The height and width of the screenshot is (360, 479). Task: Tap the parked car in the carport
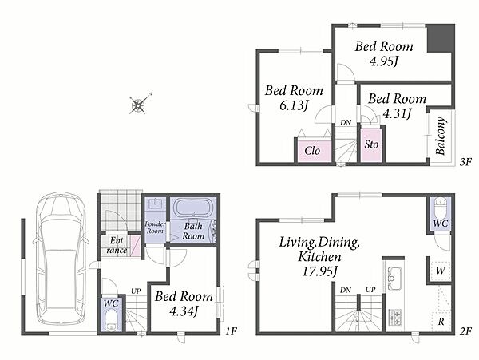pyautogui.click(x=61, y=259)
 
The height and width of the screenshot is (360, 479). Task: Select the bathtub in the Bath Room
pyautogui.click(x=192, y=208)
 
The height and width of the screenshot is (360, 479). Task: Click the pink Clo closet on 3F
pyautogui.click(x=313, y=150)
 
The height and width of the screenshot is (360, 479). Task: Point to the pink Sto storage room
pyautogui.click(x=371, y=144)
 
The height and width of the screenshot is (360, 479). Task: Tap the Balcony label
pyautogui.click(x=441, y=136)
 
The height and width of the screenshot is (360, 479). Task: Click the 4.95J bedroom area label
pyautogui.click(x=384, y=61)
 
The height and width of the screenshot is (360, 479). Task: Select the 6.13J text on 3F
pyautogui.click(x=293, y=105)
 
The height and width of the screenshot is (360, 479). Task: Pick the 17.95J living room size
pyautogui.click(x=319, y=271)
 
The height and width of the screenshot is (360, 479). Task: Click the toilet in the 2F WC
pyautogui.click(x=440, y=205)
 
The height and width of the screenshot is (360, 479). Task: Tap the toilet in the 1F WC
pyautogui.click(x=111, y=320)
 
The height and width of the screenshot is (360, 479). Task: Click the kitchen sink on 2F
pyautogui.click(x=394, y=279)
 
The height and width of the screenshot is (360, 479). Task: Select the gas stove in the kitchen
pyautogui.click(x=394, y=317)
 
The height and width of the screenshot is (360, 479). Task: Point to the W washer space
pyautogui.click(x=440, y=271)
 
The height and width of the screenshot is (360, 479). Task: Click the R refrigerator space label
pyautogui.click(x=441, y=321)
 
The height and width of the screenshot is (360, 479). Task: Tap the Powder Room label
pyautogui.click(x=155, y=227)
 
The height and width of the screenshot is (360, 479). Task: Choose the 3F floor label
pyautogui.click(x=465, y=161)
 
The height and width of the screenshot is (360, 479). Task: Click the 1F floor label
pyautogui.click(x=232, y=331)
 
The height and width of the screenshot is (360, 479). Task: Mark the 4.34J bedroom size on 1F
pyautogui.click(x=184, y=311)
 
